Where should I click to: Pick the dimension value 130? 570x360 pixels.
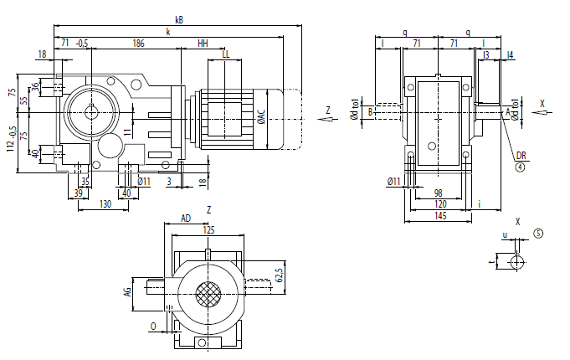coord(105,203)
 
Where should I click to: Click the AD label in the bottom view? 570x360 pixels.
coord(186,219)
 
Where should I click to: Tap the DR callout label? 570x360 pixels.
coord(520,156)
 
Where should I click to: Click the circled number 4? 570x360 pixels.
coord(520,167)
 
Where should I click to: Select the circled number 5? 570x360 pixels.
coord(538,234)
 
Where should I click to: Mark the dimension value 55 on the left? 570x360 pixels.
coord(24,100)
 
